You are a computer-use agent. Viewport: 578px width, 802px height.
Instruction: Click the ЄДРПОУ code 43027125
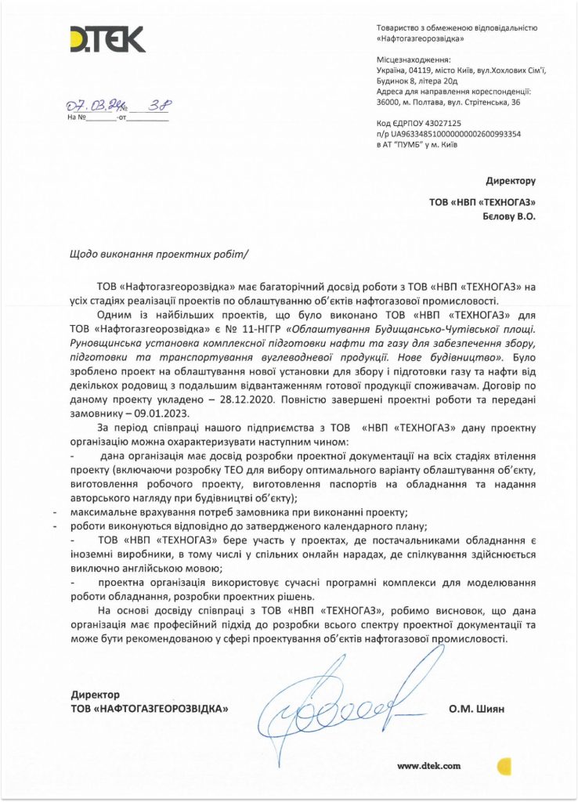(440, 124)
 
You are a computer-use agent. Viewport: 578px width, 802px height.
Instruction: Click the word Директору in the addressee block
(511, 181)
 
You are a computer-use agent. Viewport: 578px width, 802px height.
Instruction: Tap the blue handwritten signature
(329, 709)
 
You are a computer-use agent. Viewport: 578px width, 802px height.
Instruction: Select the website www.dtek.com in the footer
(428, 766)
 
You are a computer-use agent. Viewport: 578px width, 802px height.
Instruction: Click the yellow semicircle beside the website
(504, 765)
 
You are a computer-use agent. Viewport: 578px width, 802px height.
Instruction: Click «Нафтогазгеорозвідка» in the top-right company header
(420, 38)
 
